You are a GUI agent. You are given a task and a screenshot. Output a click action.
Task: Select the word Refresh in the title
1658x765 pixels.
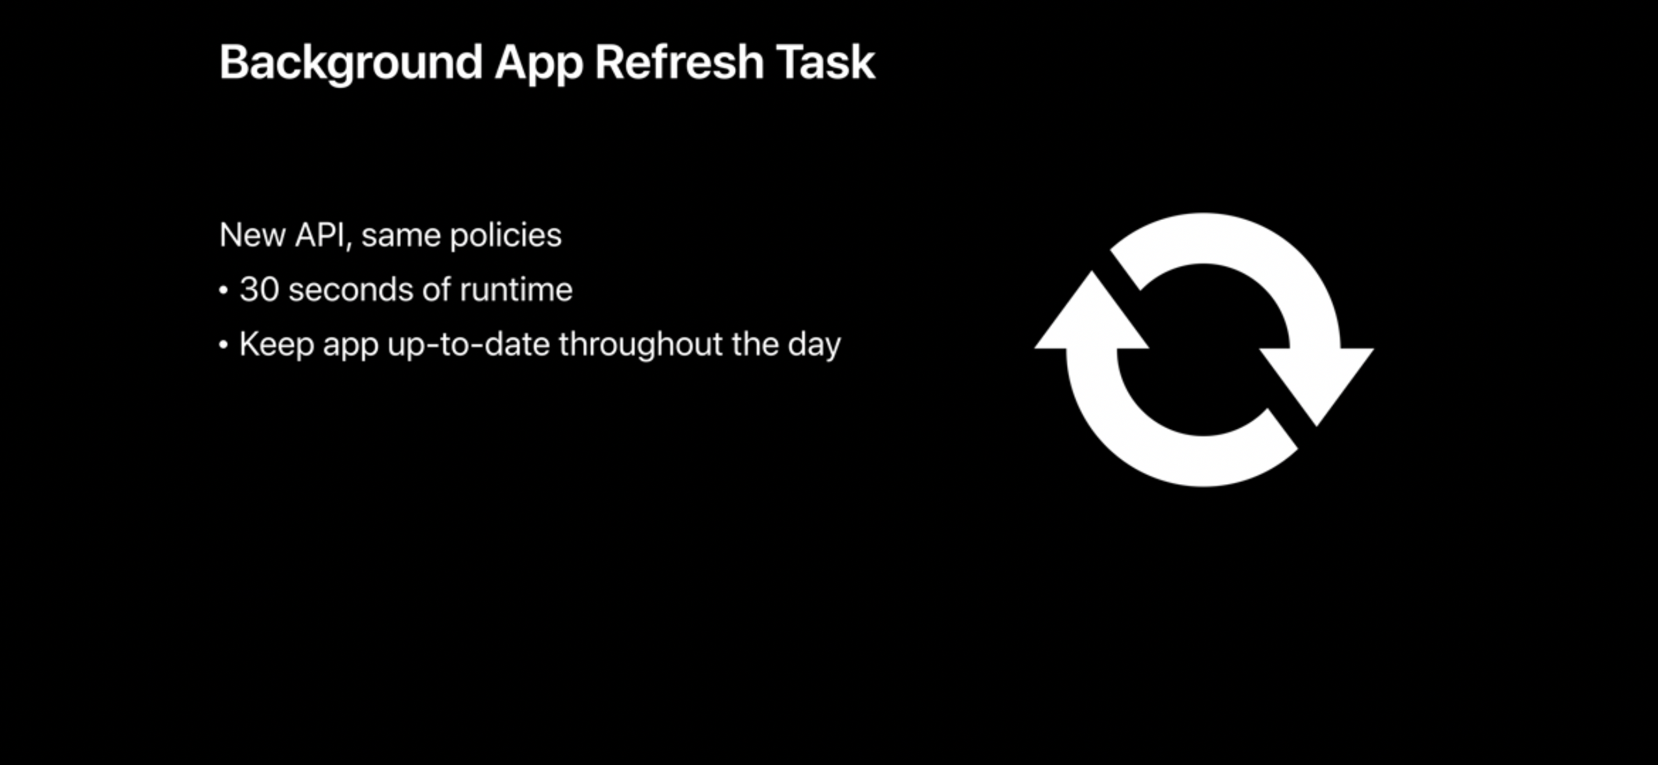click(x=679, y=62)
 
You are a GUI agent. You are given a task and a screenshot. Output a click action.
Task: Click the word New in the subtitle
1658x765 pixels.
click(x=252, y=235)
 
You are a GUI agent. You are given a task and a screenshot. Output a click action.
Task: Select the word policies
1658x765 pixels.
click(x=506, y=235)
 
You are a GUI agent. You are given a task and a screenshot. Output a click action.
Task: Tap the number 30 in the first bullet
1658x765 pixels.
click(x=259, y=289)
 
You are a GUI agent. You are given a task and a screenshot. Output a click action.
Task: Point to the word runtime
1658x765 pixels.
click(x=516, y=289)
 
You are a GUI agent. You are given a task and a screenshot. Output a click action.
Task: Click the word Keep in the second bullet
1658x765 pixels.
click(x=277, y=345)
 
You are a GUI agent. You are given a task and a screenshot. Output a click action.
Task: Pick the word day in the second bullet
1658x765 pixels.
click(x=815, y=345)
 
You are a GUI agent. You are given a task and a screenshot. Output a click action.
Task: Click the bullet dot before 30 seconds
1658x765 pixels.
click(x=224, y=291)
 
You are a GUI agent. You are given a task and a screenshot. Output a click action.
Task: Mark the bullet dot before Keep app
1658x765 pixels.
click(x=224, y=345)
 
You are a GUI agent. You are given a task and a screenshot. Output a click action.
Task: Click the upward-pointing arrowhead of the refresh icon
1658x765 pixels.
click(x=1092, y=315)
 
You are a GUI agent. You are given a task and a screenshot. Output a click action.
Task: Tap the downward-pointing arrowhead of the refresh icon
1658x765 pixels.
click(x=1317, y=383)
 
